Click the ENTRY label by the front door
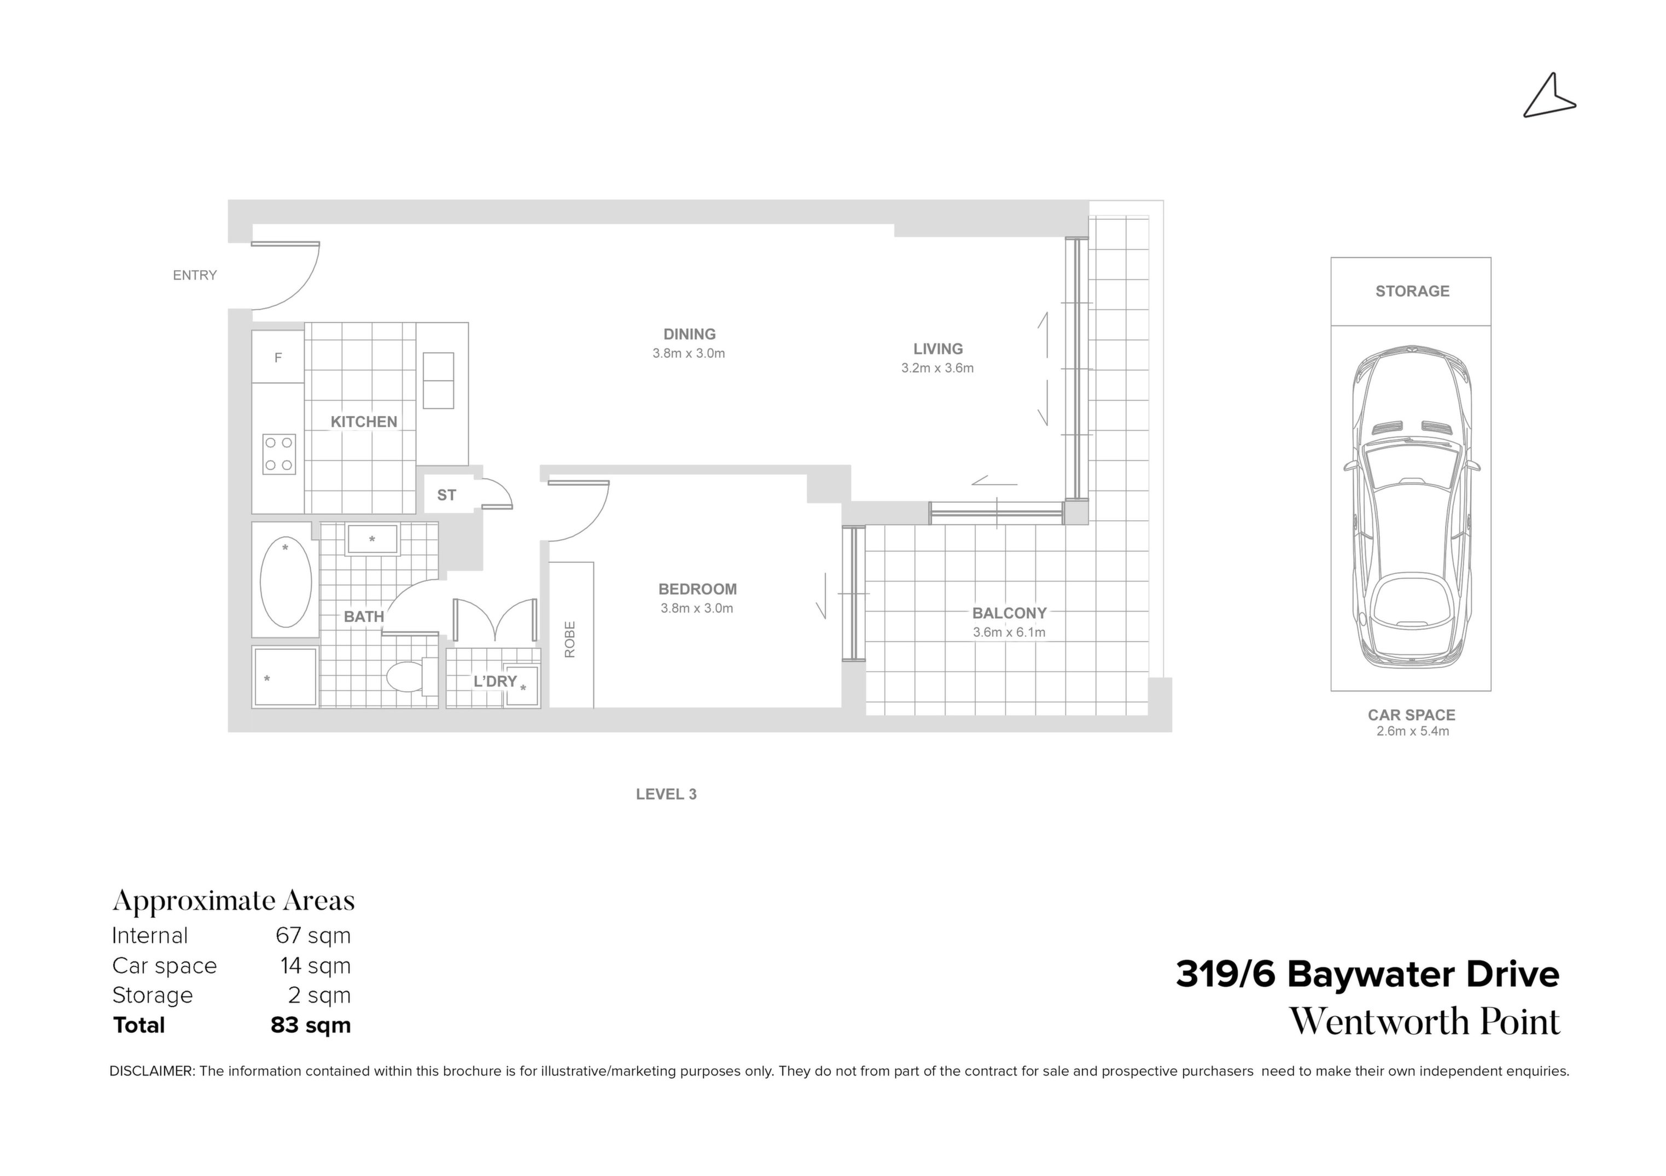point(195,275)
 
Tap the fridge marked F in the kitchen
point(278,357)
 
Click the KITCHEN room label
point(364,422)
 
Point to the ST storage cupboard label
point(446,495)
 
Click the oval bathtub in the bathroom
point(286,583)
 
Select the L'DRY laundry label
point(495,681)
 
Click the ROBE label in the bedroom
point(569,639)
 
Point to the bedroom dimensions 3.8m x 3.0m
point(697,608)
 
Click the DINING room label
point(689,334)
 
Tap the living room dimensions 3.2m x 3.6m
point(937,368)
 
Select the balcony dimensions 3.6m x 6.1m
point(1009,632)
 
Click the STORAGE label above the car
point(1412,291)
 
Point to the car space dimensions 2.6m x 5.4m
point(1412,731)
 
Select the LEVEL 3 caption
point(666,794)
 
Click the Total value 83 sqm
point(311,1025)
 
